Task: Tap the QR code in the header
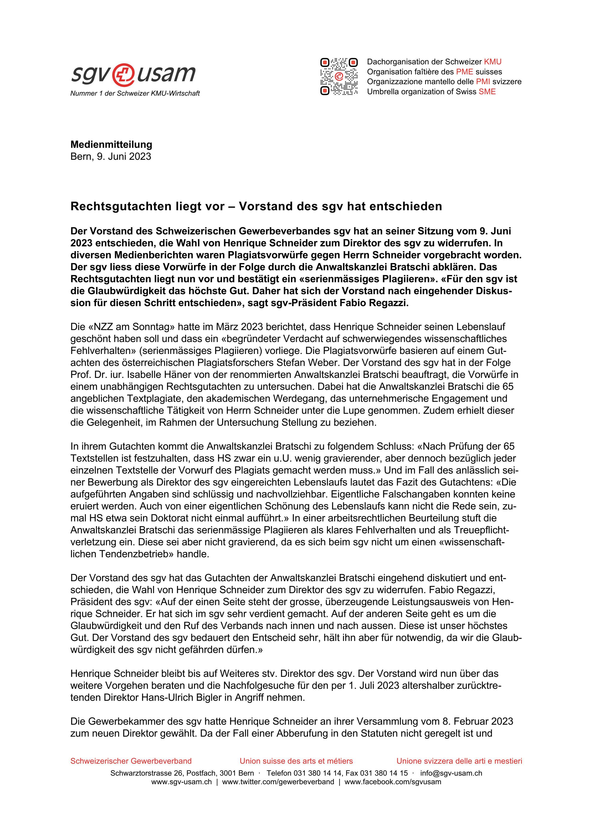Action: tap(339, 77)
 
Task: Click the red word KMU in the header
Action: tap(493, 62)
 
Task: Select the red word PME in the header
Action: tap(464, 72)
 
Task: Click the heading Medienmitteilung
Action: tap(111, 144)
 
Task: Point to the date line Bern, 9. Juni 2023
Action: tap(111, 156)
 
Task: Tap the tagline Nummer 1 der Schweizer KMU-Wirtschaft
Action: tap(135, 94)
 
